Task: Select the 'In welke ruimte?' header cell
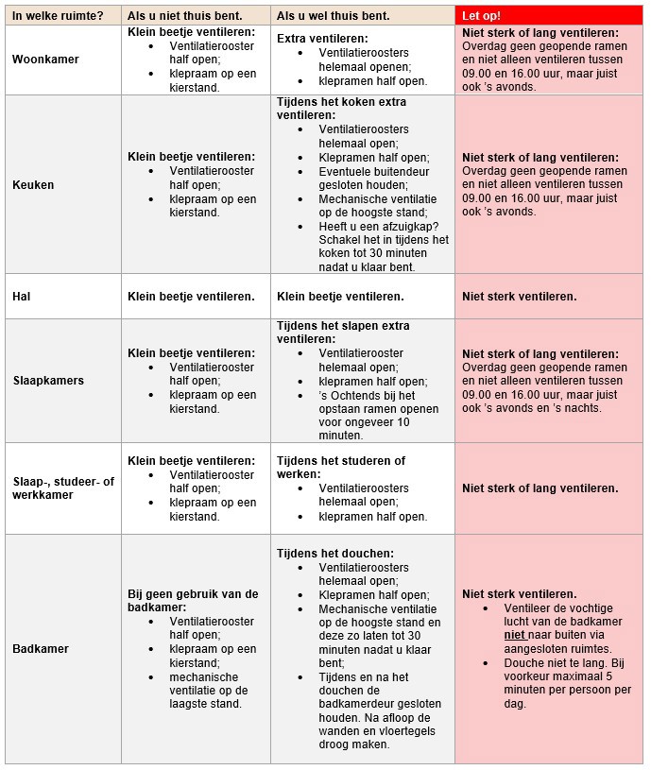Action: (58, 16)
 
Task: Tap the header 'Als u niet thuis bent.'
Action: (185, 16)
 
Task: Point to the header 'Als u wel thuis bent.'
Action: (334, 16)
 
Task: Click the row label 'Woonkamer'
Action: (45, 60)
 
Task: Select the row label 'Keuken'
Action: (33, 185)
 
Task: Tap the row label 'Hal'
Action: (22, 297)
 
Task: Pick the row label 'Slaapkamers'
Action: (48, 381)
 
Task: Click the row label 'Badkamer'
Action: (41, 649)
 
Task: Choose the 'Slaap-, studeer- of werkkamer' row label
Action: (62, 488)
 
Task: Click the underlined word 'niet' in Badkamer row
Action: (514, 636)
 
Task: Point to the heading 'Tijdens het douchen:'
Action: (335, 554)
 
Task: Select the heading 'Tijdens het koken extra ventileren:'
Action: (341, 108)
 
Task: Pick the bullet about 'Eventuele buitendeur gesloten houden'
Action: (374, 179)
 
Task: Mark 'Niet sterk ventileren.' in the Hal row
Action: (519, 297)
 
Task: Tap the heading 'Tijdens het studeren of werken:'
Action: (341, 468)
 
